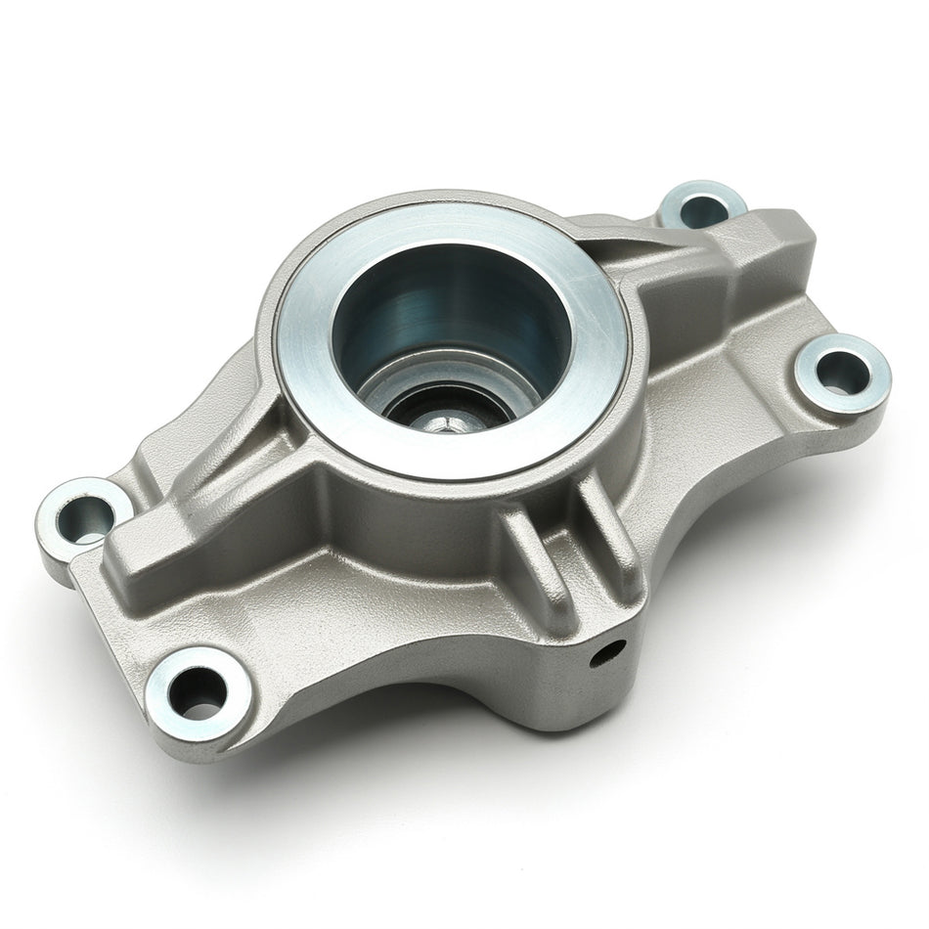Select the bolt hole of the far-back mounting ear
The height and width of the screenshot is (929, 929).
point(703,208)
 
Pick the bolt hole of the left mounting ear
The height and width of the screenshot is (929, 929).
point(83,517)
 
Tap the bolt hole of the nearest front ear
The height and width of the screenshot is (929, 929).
point(198,692)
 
